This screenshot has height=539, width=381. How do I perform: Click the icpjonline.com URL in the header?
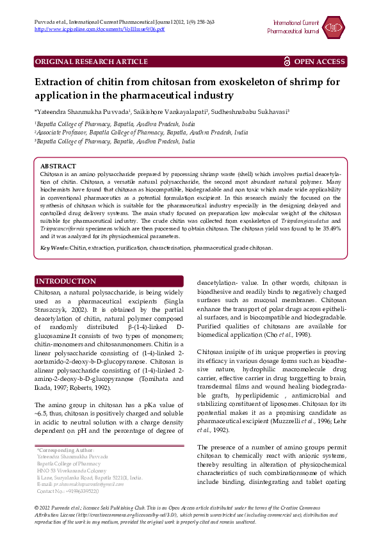point(99,29)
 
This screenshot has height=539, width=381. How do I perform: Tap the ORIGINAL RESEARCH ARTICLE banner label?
point(91,61)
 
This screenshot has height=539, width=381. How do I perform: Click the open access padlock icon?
point(287,61)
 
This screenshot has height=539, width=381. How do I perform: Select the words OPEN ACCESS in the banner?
point(320,61)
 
